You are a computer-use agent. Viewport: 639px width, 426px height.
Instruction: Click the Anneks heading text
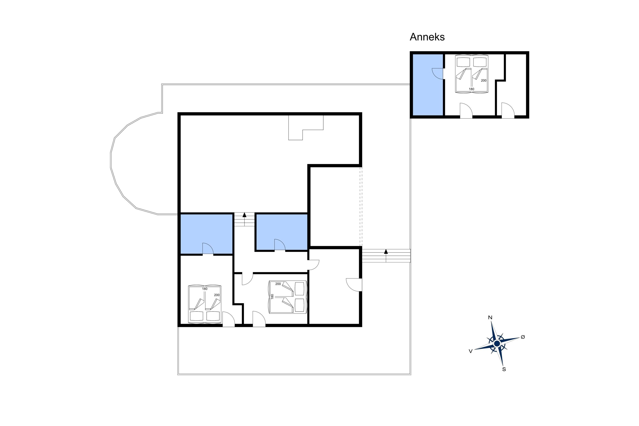pos(427,37)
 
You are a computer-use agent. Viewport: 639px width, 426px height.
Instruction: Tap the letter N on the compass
pos(490,317)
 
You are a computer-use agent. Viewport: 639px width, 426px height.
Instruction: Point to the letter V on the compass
pos(471,351)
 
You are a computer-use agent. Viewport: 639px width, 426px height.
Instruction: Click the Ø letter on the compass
pos(523,337)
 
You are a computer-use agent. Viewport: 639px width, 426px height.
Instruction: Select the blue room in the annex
pos(428,85)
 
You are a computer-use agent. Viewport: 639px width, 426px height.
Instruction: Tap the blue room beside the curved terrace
pos(206,234)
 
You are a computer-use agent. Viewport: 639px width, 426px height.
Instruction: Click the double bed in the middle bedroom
pos(288,297)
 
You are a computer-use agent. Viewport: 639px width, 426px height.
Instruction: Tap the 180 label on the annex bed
pos(471,89)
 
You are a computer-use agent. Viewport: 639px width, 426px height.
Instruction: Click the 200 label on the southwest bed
pos(217,295)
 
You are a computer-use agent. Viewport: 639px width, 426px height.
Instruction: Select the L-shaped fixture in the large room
pos(306,128)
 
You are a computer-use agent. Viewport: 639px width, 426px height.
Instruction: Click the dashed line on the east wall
pos(361,206)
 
